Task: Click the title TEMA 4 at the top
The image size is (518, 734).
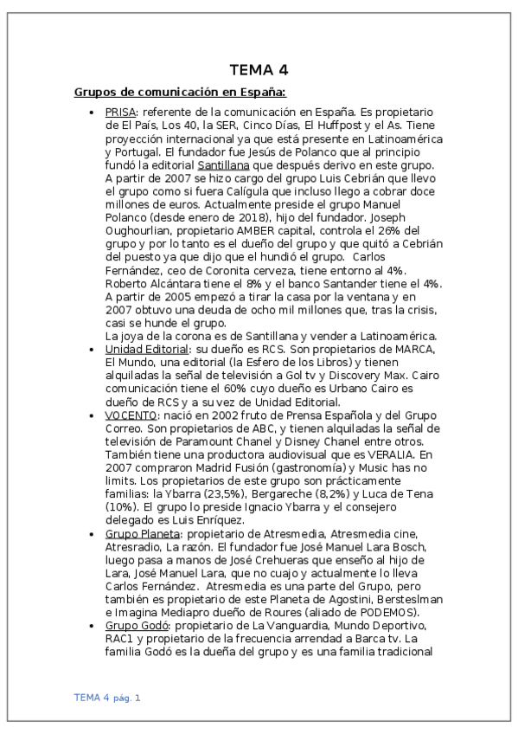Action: pos(259,70)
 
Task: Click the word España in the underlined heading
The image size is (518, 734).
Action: pos(259,93)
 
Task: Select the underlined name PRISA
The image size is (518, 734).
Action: pos(120,113)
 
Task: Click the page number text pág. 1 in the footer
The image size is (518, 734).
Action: pos(126,698)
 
